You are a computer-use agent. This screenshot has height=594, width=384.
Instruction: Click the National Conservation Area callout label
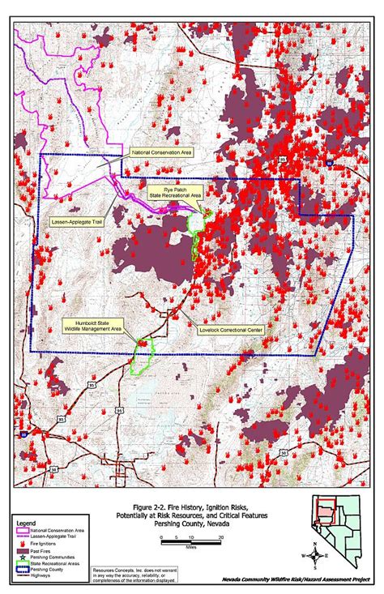click(x=161, y=151)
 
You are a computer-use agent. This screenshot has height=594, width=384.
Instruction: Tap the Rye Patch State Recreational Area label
click(x=174, y=192)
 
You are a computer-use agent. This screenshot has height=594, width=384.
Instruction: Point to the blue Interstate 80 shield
click(x=24, y=434)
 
